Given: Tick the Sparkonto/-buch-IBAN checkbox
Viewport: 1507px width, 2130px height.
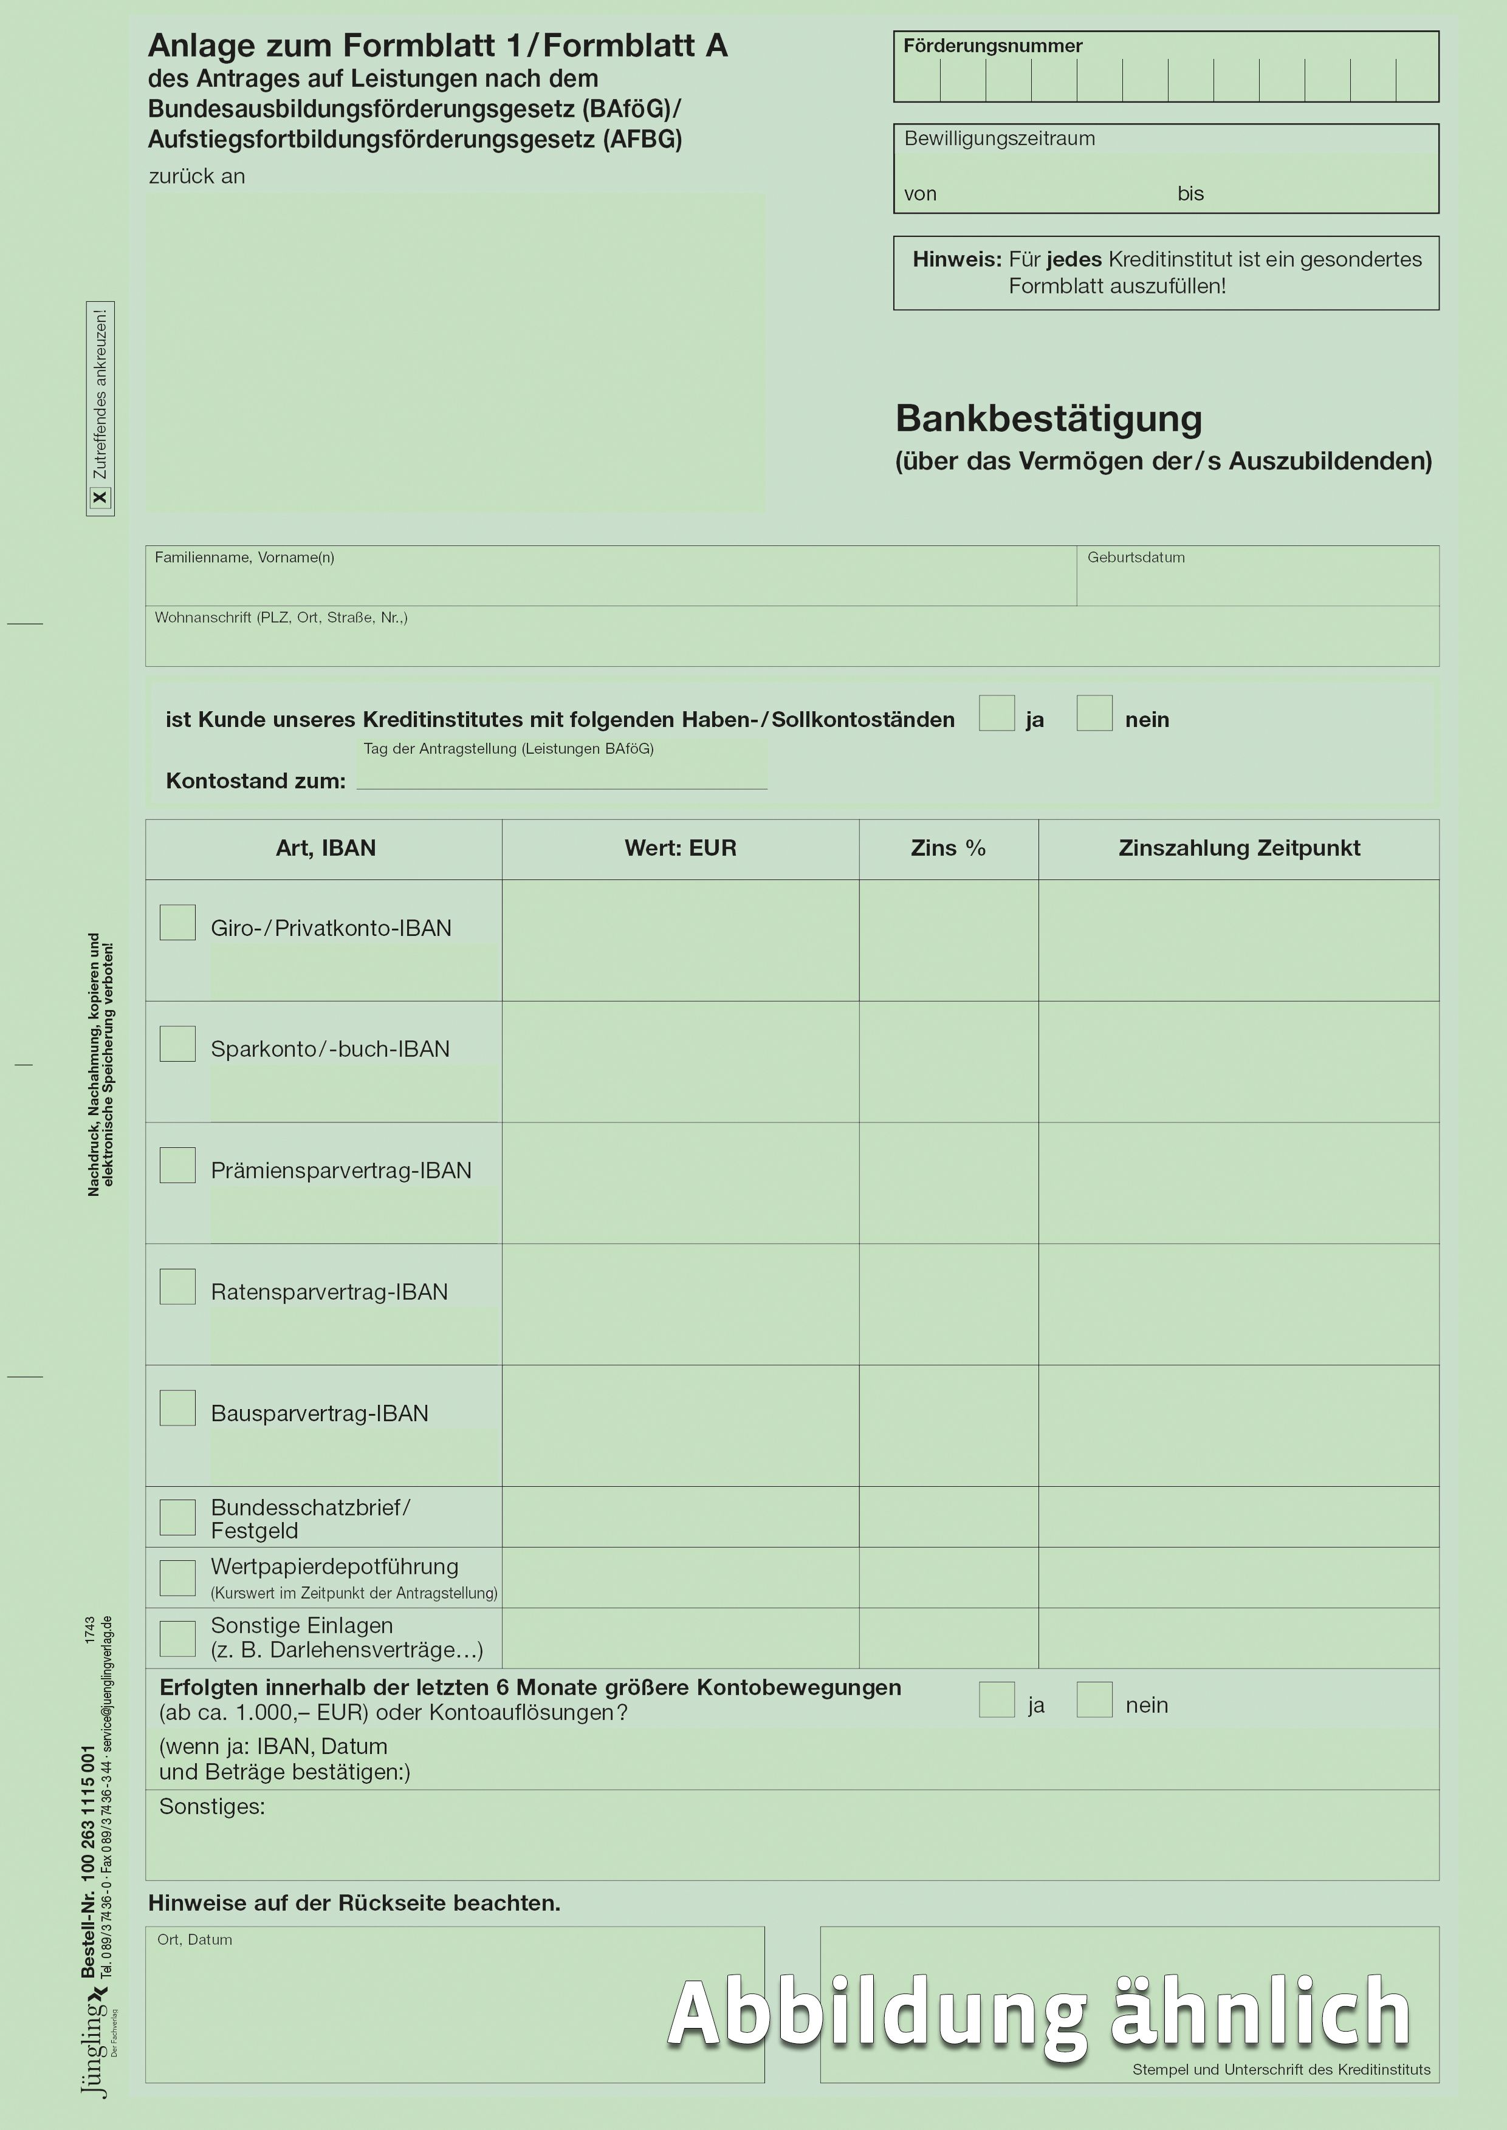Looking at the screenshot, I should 177,1043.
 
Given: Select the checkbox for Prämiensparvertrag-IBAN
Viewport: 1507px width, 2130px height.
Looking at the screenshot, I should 177,1165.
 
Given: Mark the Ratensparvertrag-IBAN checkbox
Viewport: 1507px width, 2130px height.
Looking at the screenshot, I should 177,1287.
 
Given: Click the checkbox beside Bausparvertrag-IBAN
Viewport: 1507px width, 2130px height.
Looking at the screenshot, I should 177,1408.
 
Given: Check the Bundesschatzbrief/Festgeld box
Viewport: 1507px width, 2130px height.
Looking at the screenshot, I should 177,1518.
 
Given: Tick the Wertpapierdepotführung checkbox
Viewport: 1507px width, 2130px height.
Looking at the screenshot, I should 177,1578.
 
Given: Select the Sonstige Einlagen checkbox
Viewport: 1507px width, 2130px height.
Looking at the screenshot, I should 177,1638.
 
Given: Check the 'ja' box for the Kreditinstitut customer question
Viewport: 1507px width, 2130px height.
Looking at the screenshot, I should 997,714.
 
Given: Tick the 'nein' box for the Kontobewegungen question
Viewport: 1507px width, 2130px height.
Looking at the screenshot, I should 1094,1699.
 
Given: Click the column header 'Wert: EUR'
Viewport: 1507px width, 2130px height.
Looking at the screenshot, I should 680,848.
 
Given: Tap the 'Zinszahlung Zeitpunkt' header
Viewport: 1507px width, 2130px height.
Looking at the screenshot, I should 1239,848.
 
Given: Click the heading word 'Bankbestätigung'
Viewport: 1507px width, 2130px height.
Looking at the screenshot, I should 1049,419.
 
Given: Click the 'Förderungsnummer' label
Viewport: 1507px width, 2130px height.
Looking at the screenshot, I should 993,46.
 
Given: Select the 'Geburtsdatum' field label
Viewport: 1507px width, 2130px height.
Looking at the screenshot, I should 1136,558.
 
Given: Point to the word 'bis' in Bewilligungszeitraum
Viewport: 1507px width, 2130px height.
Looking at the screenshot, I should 1190,194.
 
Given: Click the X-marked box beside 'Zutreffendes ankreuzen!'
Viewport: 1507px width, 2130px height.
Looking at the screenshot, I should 100,498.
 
